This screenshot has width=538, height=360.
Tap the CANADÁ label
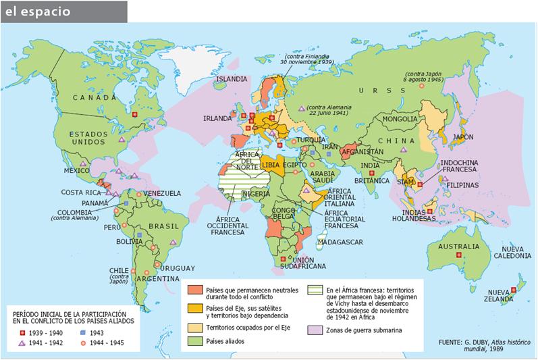pyautogui.click(x=91, y=97)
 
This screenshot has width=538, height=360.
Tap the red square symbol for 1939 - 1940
pyautogui.click(x=22, y=333)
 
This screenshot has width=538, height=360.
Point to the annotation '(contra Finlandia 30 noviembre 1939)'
pyautogui.click(x=308, y=58)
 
